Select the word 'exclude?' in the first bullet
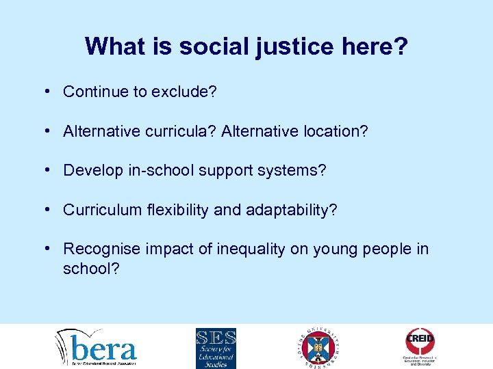tap(186, 92)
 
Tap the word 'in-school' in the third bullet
tap(157, 170)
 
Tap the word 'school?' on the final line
tap(92, 269)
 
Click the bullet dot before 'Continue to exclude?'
tap(52, 92)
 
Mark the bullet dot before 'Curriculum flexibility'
tap(52, 210)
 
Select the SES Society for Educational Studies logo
tap(216, 348)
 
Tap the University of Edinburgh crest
tap(319, 347)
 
